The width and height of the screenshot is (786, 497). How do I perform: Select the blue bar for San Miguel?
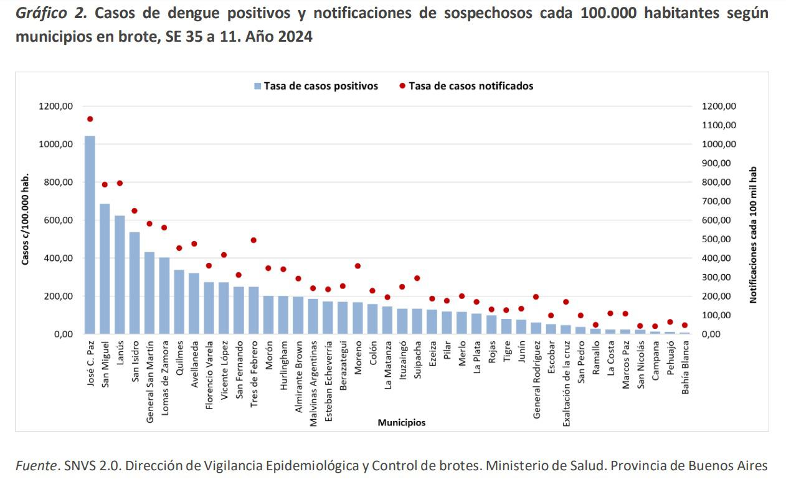105,268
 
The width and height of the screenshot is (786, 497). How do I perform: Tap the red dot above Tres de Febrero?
253,240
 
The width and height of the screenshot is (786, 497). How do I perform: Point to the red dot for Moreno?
357,266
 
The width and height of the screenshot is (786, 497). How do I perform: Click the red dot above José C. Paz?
90,119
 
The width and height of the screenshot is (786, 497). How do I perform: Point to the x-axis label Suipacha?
417,364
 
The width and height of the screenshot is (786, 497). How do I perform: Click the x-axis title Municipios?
402,422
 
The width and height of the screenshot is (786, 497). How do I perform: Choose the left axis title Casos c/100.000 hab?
26,220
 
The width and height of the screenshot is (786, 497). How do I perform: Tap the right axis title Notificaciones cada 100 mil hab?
753,235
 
